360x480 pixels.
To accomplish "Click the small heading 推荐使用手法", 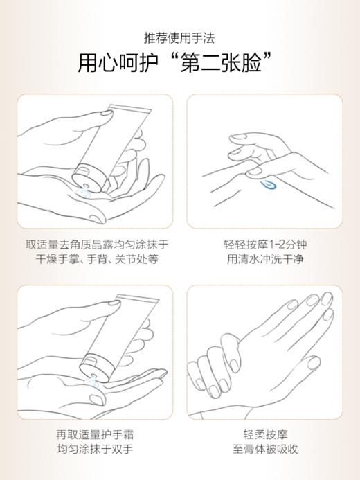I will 179,38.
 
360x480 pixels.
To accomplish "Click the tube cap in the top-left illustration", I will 87,174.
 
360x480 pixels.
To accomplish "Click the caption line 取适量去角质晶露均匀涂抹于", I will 97,245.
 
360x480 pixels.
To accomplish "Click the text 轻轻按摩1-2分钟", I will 264,245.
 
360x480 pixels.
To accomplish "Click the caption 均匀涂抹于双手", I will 95,450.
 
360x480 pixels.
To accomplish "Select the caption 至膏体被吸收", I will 264,450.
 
